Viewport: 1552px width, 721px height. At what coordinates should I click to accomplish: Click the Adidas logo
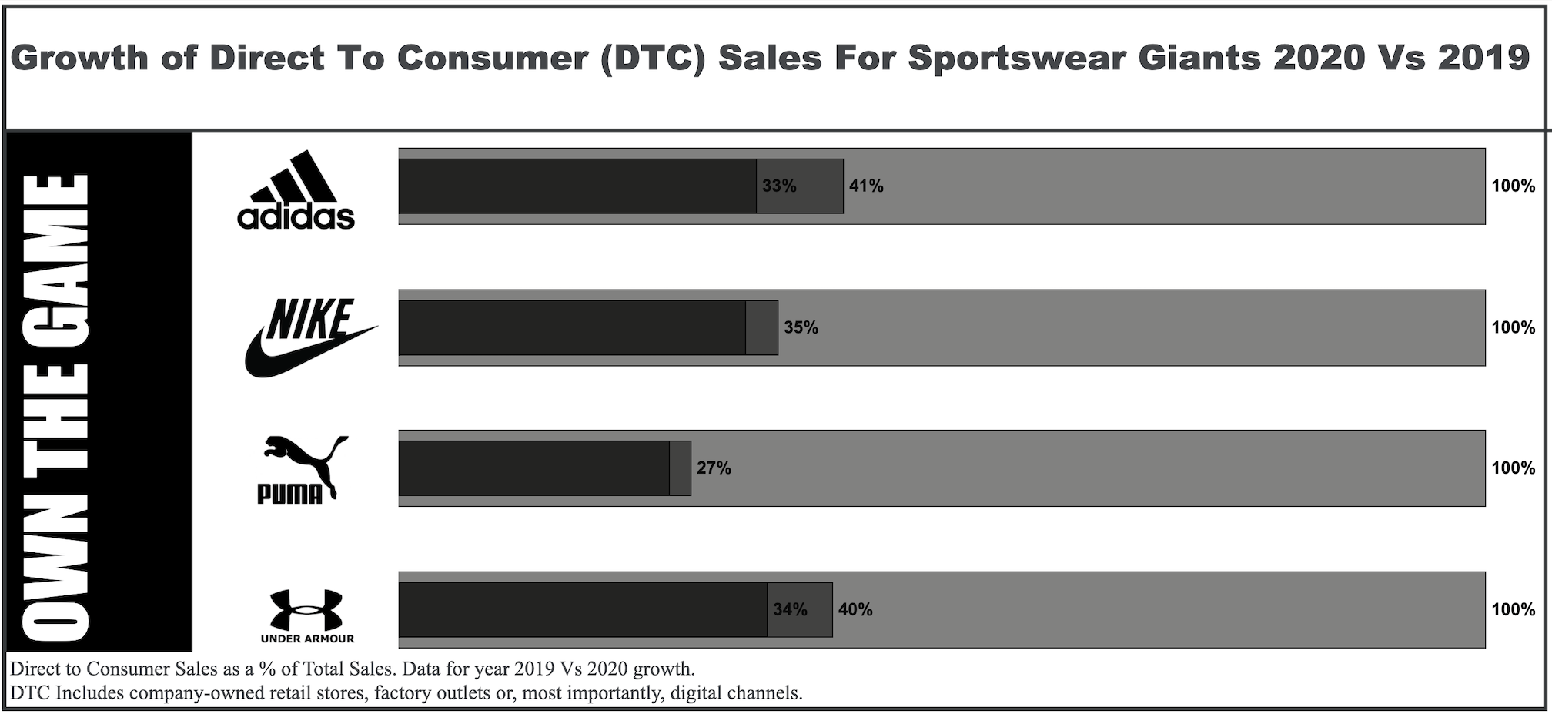pos(296,190)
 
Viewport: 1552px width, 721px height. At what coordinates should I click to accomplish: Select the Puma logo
pos(300,469)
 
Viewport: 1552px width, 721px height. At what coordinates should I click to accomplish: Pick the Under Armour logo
pos(306,615)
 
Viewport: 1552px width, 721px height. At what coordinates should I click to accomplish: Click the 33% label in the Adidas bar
pos(779,186)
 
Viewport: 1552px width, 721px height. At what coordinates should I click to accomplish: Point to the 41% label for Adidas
pos(866,186)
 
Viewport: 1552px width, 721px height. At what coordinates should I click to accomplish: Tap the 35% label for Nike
pos(801,328)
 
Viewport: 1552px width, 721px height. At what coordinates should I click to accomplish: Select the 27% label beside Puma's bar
pos(714,468)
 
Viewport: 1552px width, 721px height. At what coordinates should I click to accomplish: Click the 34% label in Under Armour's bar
pos(790,610)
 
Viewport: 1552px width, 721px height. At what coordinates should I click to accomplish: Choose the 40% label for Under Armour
pos(855,610)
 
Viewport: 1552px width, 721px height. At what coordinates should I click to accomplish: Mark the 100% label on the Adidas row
pos(1513,186)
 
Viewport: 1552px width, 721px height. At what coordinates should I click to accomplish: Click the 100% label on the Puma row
pos(1513,468)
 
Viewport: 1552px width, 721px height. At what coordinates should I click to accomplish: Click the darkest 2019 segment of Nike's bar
pos(572,328)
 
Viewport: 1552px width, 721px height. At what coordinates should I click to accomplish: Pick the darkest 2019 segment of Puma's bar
pos(534,468)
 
